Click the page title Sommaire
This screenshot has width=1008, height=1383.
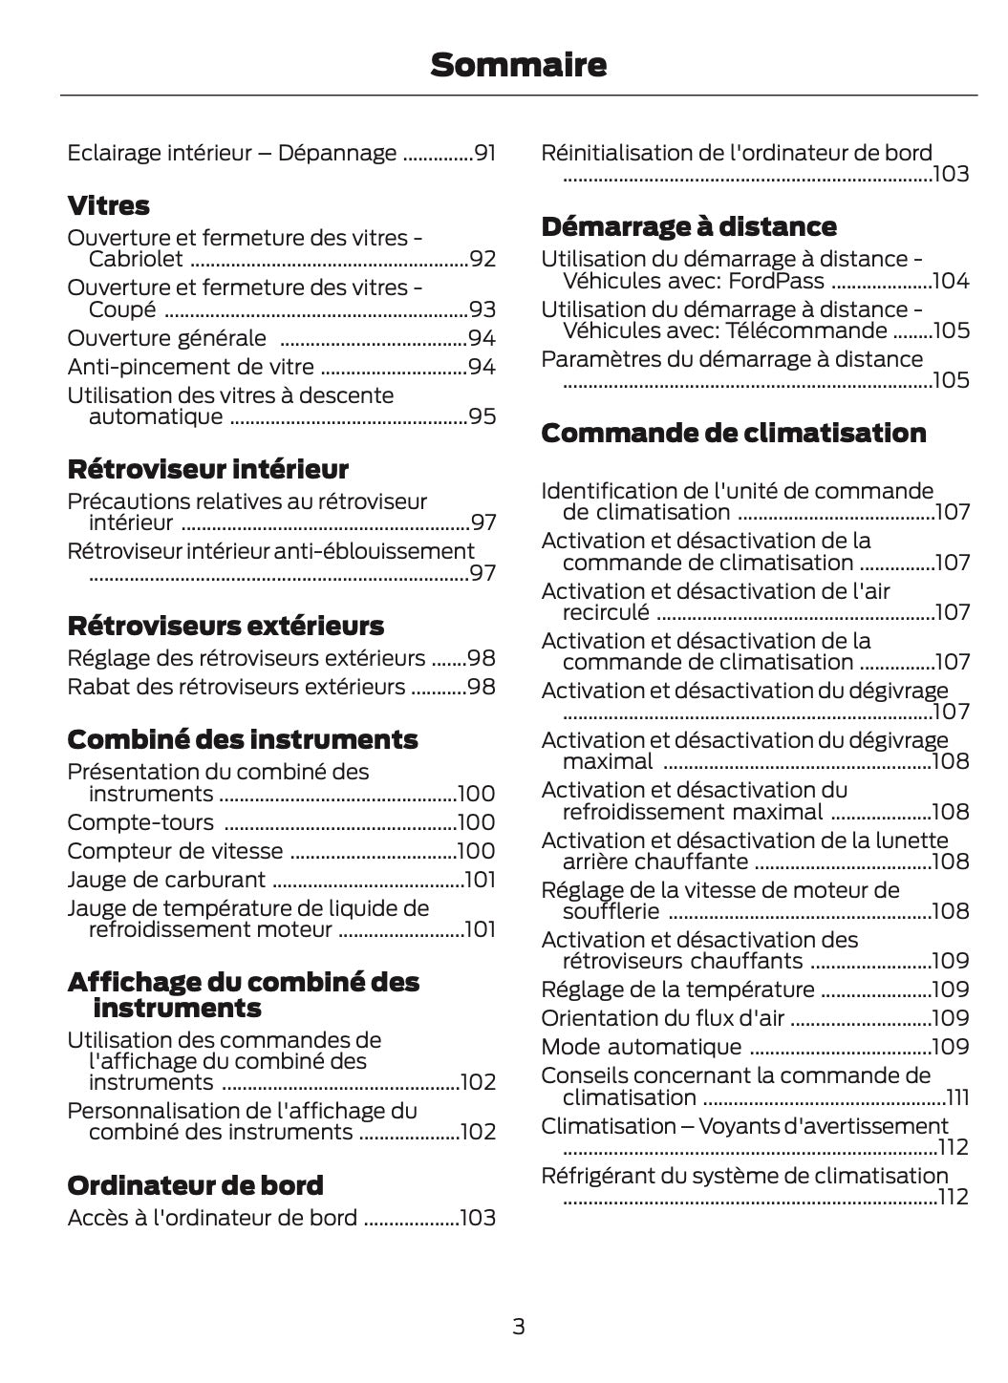tap(518, 65)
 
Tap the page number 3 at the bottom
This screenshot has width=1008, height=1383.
tap(518, 1326)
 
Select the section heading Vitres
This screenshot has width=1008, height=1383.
tap(108, 205)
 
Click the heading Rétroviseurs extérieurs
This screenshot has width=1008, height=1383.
tap(225, 626)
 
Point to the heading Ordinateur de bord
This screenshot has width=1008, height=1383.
tap(195, 1185)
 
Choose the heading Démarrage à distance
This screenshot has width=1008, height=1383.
tap(688, 226)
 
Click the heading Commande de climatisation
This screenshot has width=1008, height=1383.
tap(733, 433)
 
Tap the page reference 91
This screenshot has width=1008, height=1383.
tap(485, 153)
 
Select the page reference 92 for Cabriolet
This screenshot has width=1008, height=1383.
tap(483, 259)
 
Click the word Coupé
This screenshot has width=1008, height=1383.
tap(122, 309)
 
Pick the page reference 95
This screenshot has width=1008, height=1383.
tap(483, 416)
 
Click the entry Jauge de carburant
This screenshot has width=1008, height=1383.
tap(166, 880)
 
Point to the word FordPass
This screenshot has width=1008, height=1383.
tap(776, 281)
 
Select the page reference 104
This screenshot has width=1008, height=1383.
tap(951, 281)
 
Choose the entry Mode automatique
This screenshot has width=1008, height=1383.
tap(640, 1047)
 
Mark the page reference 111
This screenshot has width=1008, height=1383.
tap(957, 1097)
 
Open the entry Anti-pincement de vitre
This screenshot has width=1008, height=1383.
tap(190, 367)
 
